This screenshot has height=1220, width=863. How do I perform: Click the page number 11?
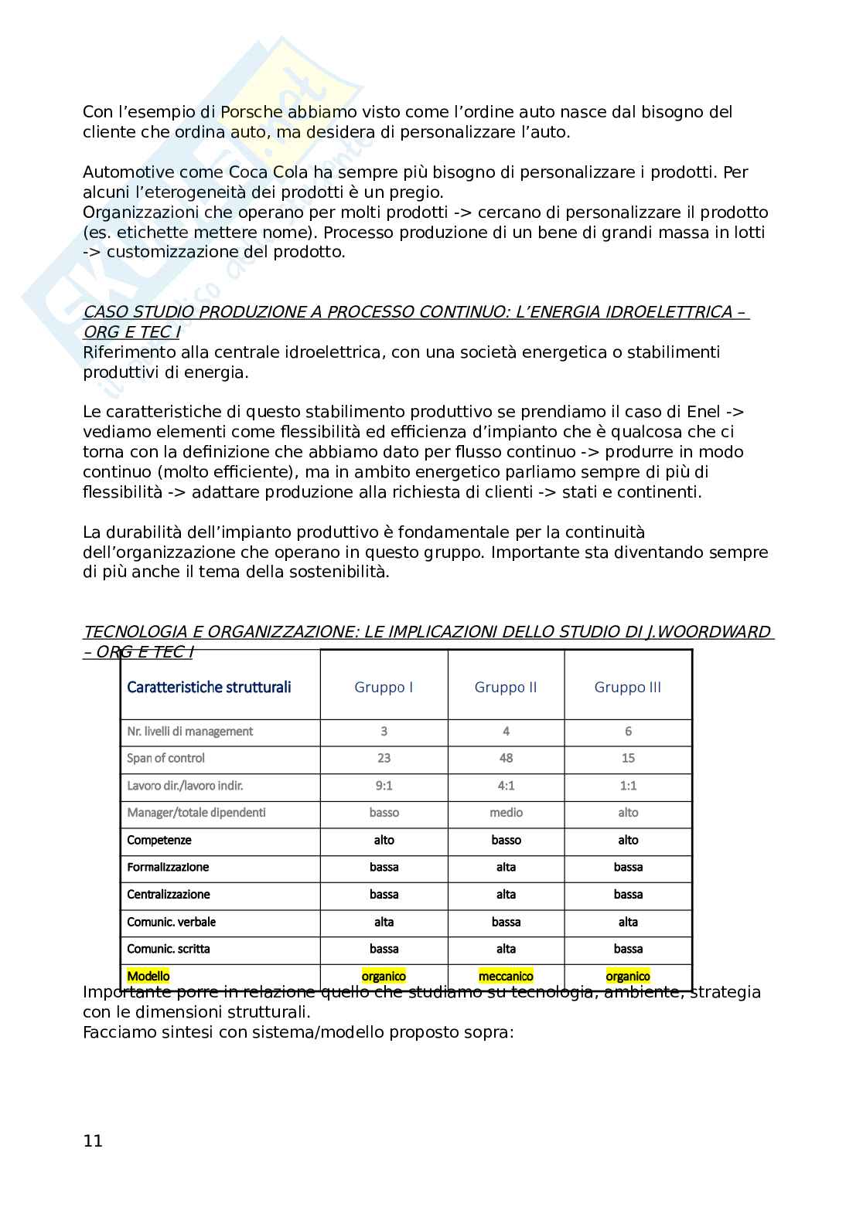pyautogui.click(x=93, y=1140)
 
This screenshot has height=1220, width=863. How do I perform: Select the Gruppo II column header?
pyautogui.click(x=506, y=687)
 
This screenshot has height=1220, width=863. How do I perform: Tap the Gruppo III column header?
pyautogui.click(x=627, y=687)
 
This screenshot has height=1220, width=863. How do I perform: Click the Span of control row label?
pyautogui.click(x=165, y=758)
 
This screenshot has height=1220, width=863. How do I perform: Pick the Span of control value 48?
pyautogui.click(x=506, y=758)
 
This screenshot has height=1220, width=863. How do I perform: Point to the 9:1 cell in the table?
pyautogui.click(x=384, y=785)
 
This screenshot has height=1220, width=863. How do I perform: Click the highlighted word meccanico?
pyautogui.click(x=506, y=976)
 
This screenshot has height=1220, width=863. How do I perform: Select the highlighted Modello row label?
pyautogui.click(x=148, y=976)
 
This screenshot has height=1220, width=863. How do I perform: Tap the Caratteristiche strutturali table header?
pyautogui.click(x=209, y=687)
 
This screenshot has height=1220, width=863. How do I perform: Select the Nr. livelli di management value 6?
pyautogui.click(x=628, y=731)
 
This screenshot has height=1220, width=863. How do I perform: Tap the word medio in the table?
pyautogui.click(x=506, y=812)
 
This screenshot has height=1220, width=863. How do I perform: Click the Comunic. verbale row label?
pyautogui.click(x=171, y=922)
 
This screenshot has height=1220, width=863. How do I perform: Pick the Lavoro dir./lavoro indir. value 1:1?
pyautogui.click(x=628, y=785)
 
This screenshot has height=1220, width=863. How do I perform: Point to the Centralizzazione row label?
pyautogui.click(x=168, y=894)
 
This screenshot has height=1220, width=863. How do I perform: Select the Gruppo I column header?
pyautogui.click(x=384, y=687)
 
